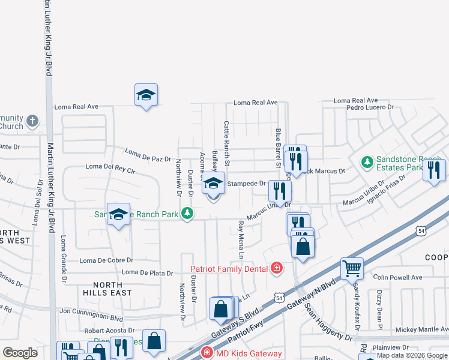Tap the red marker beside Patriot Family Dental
[277, 268]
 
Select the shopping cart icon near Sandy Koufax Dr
[352, 269]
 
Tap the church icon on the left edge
[32, 122]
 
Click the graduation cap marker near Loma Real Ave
[146, 95]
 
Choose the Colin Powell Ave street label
[397, 277]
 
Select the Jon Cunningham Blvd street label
[91, 311]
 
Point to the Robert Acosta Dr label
[109, 331]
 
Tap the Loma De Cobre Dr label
[106, 260]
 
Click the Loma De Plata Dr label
[148, 272]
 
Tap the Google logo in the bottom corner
[20, 353]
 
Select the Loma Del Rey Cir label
[110, 166]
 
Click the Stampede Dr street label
[246, 184]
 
